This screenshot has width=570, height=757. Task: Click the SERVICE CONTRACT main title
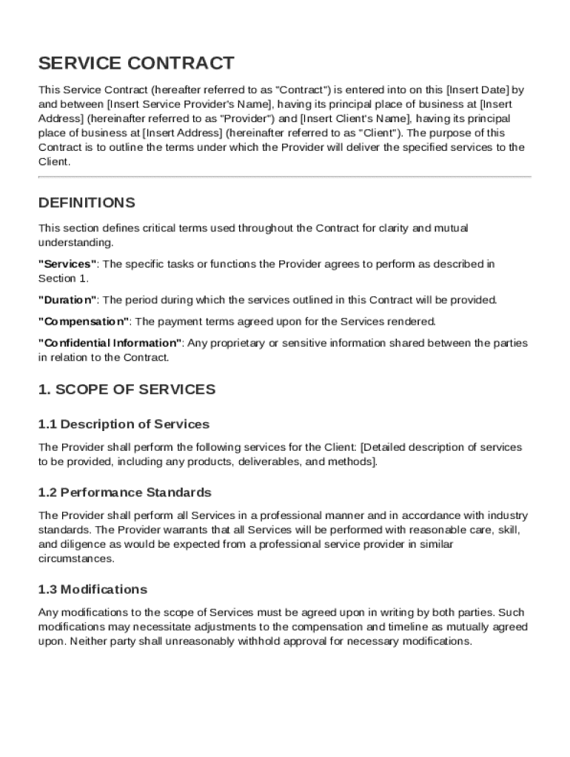pos(136,64)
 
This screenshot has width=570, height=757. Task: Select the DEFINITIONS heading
pos(87,203)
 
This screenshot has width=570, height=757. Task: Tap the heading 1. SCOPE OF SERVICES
pos(127,389)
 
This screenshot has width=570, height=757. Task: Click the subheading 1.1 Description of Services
pos(124,424)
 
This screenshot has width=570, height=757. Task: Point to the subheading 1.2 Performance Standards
pos(124,492)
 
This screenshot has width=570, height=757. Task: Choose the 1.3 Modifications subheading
pos(93,589)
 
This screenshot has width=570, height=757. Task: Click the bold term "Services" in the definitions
pos(67,264)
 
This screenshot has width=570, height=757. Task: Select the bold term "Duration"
pos(67,300)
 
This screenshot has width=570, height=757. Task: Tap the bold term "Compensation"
pos(84,322)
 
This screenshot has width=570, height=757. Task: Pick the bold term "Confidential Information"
pos(110,343)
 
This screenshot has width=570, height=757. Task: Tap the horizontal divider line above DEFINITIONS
pos(284,177)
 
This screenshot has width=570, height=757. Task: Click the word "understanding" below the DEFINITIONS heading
pos(75,242)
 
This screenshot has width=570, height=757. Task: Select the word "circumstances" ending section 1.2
pos(76,559)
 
